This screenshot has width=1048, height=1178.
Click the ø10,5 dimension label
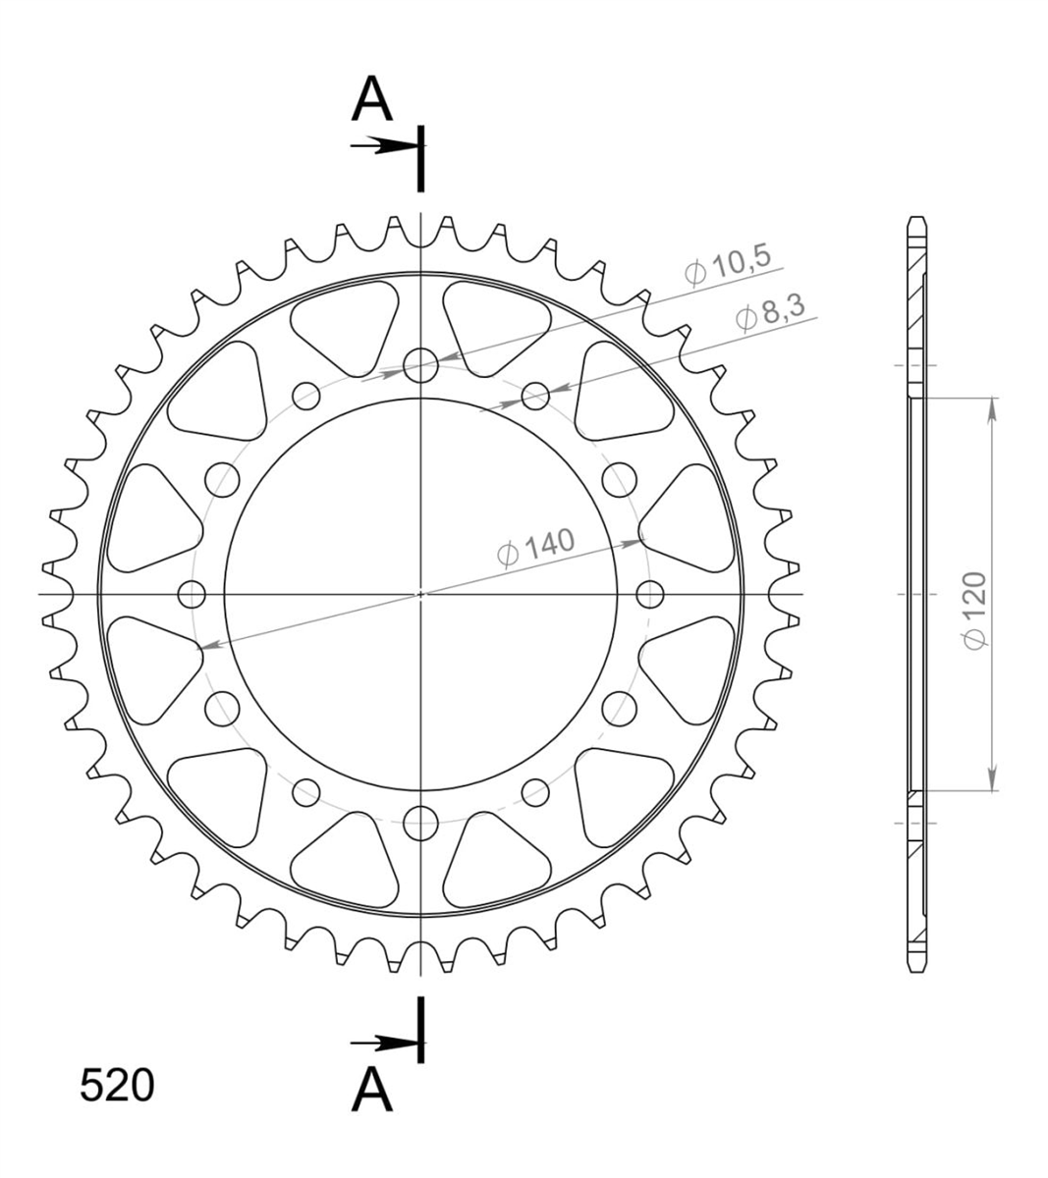[x=728, y=266]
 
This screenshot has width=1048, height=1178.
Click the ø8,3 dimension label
[x=770, y=312]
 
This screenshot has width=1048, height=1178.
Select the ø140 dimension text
[x=536, y=547]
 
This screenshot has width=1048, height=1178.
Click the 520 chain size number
[x=117, y=1085]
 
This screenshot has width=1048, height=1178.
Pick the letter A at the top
[x=372, y=99]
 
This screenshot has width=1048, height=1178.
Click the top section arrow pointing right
[x=383, y=144]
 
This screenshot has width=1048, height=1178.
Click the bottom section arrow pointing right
[x=383, y=1044]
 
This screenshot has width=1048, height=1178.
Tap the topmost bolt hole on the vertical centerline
[x=420, y=366]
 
